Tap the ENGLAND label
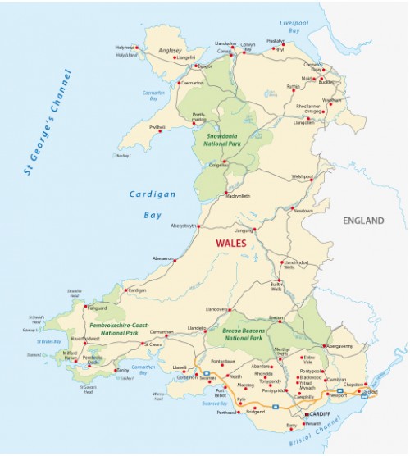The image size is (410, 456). point(363,221)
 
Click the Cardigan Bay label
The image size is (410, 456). point(147,204)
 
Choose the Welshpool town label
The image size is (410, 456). point(303,176)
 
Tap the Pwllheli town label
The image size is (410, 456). point(158,128)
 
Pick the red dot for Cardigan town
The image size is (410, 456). point(125,290)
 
